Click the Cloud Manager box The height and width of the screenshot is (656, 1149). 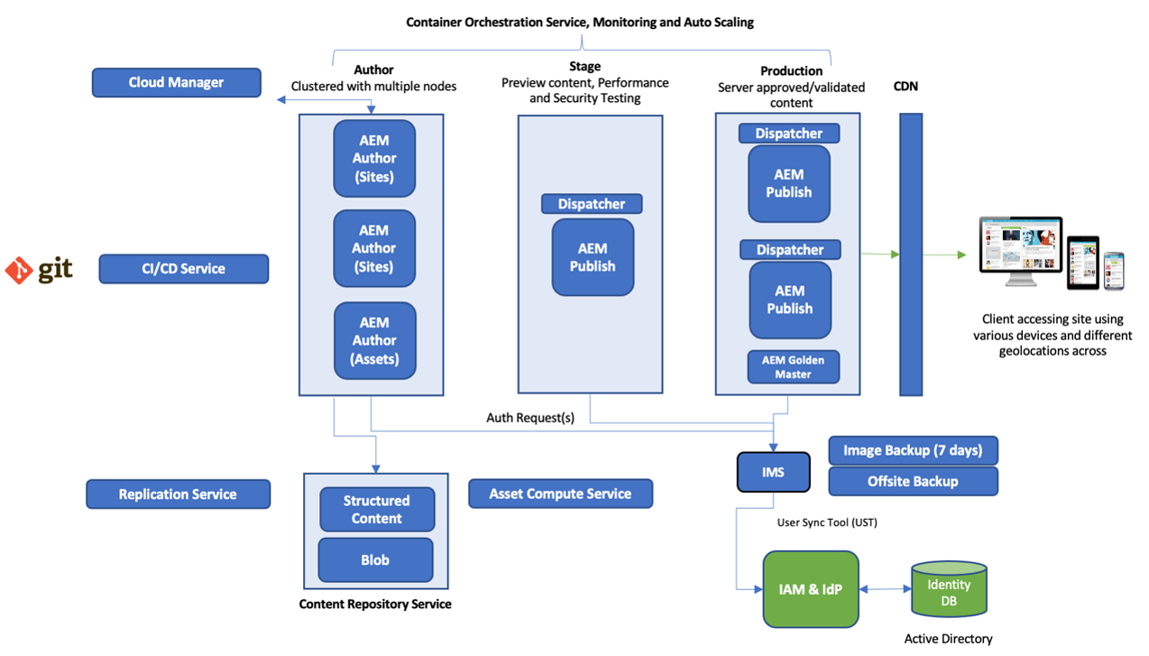(176, 82)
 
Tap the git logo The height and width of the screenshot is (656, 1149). (39, 270)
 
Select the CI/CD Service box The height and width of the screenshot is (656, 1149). (183, 269)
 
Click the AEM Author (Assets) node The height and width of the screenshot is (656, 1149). (374, 340)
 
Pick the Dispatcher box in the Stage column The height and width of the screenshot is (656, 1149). (591, 204)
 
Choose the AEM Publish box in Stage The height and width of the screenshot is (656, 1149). (593, 257)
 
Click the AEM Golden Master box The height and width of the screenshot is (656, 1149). (793, 366)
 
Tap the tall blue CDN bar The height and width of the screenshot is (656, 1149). (911, 254)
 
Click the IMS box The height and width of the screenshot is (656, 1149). (773, 473)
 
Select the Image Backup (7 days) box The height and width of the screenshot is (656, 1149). (913, 450)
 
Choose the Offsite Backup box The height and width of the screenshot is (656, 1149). (913, 481)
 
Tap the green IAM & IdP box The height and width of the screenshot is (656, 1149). (811, 589)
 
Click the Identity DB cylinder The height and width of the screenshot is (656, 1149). (948, 591)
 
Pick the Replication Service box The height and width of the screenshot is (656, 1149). (178, 494)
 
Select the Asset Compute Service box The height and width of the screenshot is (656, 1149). (560, 494)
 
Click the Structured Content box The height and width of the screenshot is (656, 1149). (376, 510)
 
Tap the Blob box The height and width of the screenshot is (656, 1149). (375, 560)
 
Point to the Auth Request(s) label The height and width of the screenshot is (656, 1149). (530, 418)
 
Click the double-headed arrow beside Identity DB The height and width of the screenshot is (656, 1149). (885, 590)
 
